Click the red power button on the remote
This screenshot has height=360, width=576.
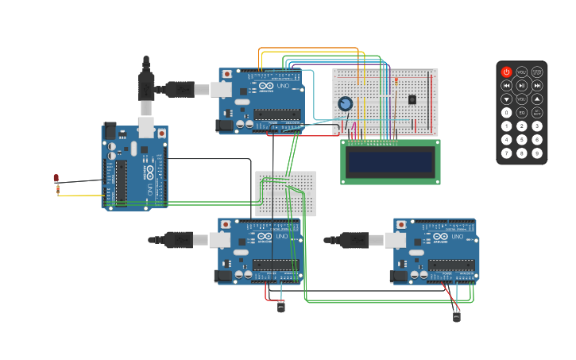(x=506, y=72)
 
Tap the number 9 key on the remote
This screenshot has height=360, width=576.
(x=537, y=153)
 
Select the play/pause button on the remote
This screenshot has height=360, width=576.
(x=521, y=85)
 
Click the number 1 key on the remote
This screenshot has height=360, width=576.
(x=506, y=126)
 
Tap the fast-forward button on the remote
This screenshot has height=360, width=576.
(x=537, y=85)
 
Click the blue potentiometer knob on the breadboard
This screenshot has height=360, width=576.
(x=345, y=103)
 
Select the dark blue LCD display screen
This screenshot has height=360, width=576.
(x=390, y=162)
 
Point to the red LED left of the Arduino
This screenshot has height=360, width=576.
(x=56, y=178)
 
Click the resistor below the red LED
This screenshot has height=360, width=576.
(x=57, y=189)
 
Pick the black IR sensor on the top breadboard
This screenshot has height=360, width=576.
(x=412, y=99)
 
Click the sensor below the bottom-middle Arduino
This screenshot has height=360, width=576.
(x=280, y=306)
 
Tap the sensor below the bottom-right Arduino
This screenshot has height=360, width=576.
(x=456, y=315)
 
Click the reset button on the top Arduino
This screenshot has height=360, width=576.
(x=227, y=74)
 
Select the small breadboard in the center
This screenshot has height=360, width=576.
(x=285, y=193)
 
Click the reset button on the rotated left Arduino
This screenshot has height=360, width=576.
(x=162, y=133)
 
